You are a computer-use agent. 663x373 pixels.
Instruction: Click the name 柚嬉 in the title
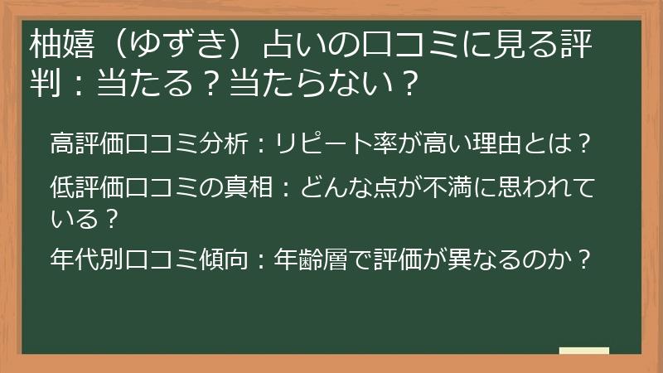point(62,44)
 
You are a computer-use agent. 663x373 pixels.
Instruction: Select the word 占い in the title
point(296,44)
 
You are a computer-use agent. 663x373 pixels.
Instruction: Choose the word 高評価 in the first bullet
point(88,143)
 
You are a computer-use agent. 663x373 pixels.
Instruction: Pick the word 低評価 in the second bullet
point(88,187)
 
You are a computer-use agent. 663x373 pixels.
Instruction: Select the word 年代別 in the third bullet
point(88,259)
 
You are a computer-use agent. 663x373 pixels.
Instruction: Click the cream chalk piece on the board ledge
point(584,351)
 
